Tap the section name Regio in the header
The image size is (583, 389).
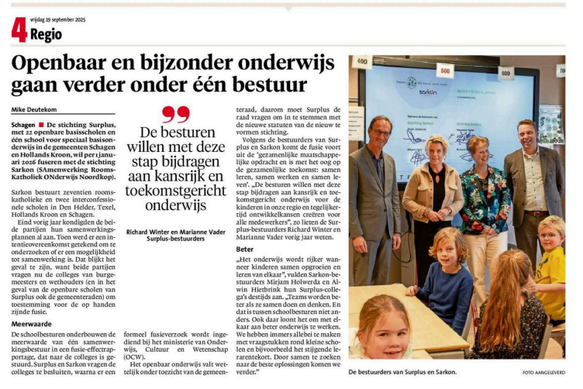point(49,33)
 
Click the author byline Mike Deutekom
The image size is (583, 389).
point(35,109)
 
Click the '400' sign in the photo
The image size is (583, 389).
point(362,62)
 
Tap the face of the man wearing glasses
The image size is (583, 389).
point(380,129)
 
